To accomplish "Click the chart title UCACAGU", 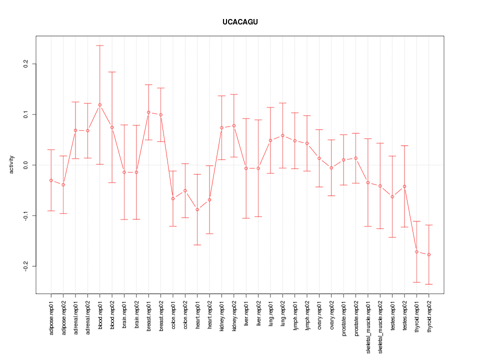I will [x=240, y=22].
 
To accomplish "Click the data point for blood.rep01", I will [x=100, y=105].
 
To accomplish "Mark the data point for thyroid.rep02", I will [x=429, y=254].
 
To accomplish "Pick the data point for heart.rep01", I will [x=197, y=209].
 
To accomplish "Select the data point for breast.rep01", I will [x=148, y=112].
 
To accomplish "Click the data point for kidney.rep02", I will [x=234, y=125].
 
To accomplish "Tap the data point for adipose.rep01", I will [x=51, y=180].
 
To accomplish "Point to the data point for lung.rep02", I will [x=283, y=135].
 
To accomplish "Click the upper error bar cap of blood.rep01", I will [x=100, y=45].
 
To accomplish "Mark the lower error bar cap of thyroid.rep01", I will [x=416, y=282].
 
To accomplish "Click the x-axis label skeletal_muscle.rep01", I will [x=368, y=325].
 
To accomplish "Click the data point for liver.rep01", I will [x=246, y=168].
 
